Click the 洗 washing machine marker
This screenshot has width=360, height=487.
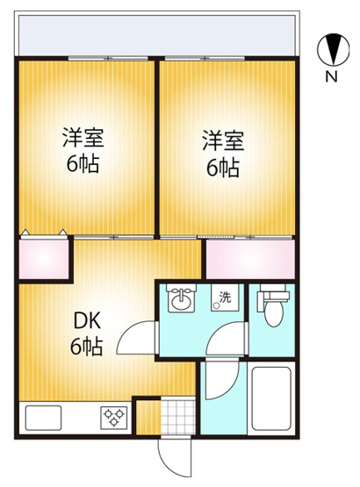coord(226,297)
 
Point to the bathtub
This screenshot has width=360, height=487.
coord(273,400)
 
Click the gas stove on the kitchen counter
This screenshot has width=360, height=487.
coord(114,416)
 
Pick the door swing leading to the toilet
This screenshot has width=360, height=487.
coord(232,337)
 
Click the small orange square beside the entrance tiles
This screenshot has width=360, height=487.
coord(148,416)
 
